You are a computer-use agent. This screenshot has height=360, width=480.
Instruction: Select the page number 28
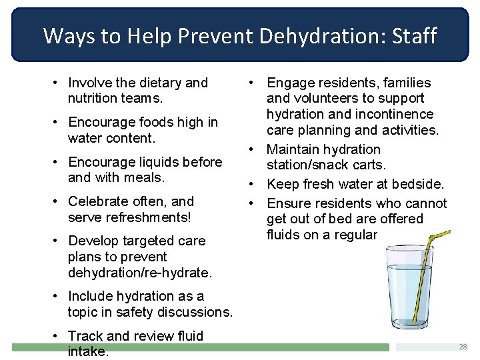(463, 347)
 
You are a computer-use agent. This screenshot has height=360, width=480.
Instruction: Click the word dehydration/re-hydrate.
(139, 273)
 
